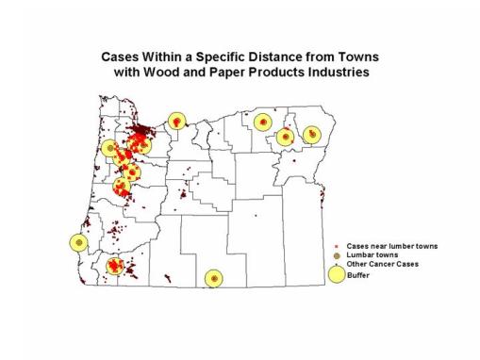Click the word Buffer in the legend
click(x=357, y=274)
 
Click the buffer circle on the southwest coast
click(x=78, y=241)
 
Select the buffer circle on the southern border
click(x=215, y=279)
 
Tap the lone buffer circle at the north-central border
click(x=176, y=121)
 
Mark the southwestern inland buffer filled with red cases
click(x=115, y=266)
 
